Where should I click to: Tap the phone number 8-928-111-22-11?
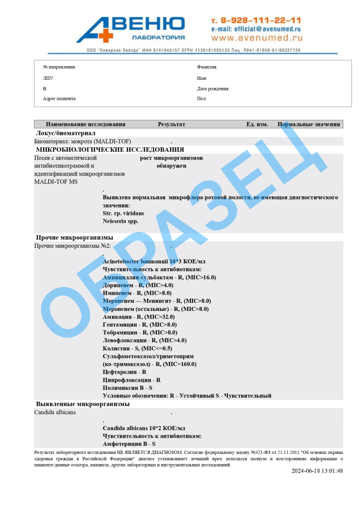click(x=256, y=20)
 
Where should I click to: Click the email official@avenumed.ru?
click(x=256, y=29)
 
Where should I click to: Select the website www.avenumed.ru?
click(x=257, y=38)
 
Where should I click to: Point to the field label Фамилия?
click(x=207, y=67)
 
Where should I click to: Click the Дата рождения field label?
click(x=213, y=89)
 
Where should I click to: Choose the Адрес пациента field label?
click(x=60, y=99)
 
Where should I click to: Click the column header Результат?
click(x=172, y=124)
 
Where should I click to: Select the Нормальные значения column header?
click(x=309, y=124)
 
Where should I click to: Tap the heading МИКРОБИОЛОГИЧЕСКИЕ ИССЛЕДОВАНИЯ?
click(x=110, y=150)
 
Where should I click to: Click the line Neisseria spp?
click(x=121, y=221)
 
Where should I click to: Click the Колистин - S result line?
click(x=137, y=348)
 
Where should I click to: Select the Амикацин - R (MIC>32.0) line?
click(x=138, y=317)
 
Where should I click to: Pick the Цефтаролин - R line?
click(x=124, y=372)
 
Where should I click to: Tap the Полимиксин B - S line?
click(x=127, y=388)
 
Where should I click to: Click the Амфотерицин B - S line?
click(x=129, y=444)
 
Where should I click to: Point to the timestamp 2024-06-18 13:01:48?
click(x=317, y=471)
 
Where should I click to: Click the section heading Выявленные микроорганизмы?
click(x=83, y=404)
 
